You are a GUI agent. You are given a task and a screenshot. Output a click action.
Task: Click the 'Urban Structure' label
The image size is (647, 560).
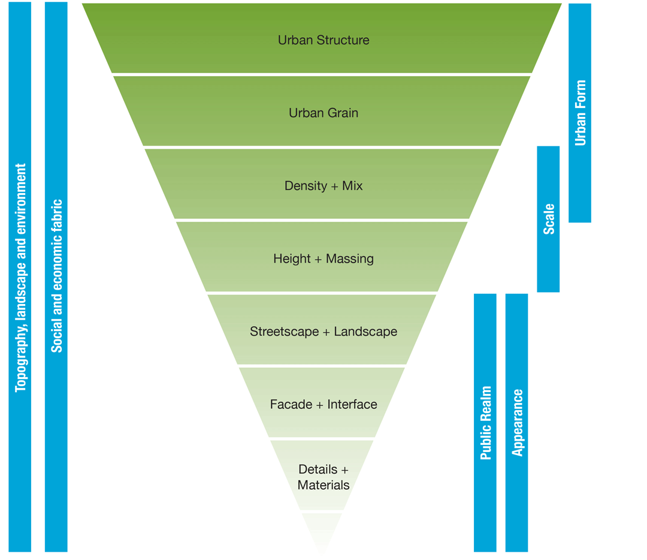(323, 40)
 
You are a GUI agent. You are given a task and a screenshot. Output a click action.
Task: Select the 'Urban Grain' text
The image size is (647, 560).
(323, 113)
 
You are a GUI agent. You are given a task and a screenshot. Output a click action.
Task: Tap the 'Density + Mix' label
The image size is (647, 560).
(323, 186)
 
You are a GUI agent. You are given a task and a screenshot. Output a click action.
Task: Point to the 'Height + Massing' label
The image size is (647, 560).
(323, 259)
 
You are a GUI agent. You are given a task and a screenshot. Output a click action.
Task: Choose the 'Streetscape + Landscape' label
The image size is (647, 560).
(323, 332)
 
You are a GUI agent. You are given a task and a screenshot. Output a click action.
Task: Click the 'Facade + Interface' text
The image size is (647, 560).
(323, 404)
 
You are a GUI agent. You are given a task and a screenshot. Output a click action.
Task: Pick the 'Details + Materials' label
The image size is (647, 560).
(323, 477)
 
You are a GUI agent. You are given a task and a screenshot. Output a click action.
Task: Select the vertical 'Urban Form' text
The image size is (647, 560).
(580, 113)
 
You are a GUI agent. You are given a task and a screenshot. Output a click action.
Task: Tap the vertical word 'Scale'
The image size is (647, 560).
(549, 219)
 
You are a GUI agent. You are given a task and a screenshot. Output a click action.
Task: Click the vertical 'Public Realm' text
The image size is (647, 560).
(486, 423)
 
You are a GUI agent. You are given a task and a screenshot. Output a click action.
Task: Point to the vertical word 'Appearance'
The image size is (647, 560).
(518, 423)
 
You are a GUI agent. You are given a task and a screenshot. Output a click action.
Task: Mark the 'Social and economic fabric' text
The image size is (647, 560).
(56, 276)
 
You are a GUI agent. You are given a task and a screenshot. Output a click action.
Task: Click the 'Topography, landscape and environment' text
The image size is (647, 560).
(21, 278)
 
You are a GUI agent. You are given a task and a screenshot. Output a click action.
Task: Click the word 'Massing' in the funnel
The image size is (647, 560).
(349, 259)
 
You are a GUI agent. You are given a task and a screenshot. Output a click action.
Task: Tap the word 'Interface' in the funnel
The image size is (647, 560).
(352, 404)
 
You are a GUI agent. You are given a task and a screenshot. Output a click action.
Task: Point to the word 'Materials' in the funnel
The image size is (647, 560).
(323, 484)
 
